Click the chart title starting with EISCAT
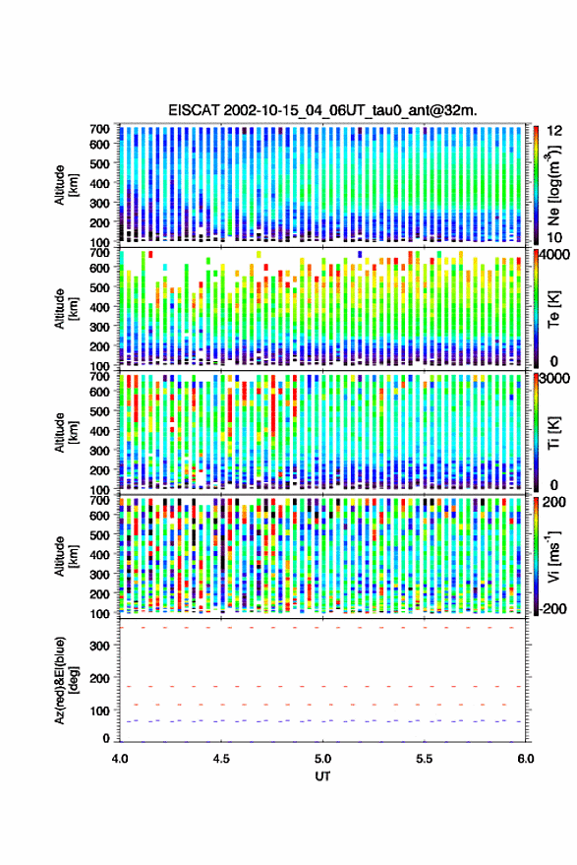[x=322, y=110]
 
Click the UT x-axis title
[x=322, y=776]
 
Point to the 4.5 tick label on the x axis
[x=221, y=759]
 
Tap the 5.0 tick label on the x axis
[x=323, y=759]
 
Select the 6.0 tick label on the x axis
[x=525, y=759]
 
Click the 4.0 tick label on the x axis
[x=120, y=759]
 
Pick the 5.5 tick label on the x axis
[x=425, y=759]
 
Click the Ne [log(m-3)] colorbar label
[x=554, y=185]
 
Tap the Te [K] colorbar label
[x=553, y=310]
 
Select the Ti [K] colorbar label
[x=553, y=434]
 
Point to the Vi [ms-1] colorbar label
[x=553, y=556]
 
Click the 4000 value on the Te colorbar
[x=555, y=255]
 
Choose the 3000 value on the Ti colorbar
[x=555, y=379]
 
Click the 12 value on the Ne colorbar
[x=555, y=131]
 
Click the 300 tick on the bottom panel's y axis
[x=99, y=646]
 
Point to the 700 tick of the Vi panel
[x=99, y=500]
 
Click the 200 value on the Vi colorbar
[x=554, y=502]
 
